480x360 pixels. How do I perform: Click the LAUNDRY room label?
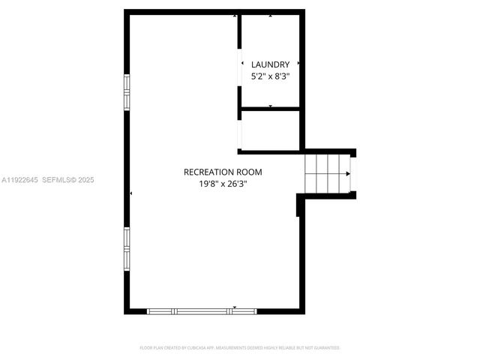pos(270,64)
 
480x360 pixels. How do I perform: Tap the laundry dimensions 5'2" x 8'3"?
pos(270,76)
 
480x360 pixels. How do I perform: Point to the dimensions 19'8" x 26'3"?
pos(223,183)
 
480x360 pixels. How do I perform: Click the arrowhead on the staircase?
pos(347,174)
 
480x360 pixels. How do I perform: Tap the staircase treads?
pos(327,173)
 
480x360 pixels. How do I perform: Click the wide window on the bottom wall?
pos(201,310)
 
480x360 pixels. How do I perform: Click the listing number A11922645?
pos(19,180)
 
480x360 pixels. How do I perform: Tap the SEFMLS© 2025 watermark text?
pos(67,180)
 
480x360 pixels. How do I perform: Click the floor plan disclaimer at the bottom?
pos(240,348)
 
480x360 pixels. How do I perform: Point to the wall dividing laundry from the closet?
pos(270,109)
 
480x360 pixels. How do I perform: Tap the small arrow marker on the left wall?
pos(131,193)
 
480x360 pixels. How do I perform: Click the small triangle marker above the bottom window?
pos(235,307)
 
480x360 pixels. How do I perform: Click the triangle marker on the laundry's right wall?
pos(298,63)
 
